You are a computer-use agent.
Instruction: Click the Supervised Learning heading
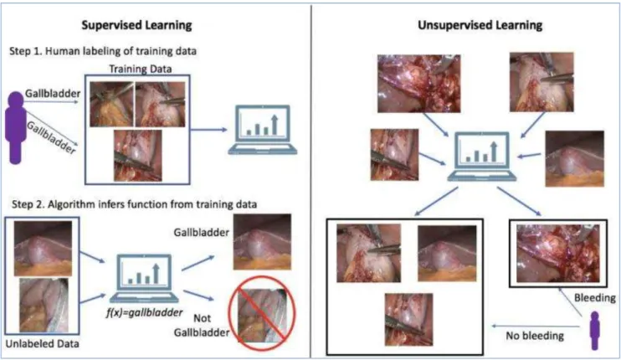tap(136, 25)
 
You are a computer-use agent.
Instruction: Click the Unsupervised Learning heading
tap(480, 25)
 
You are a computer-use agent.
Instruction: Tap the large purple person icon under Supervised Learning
tap(16, 127)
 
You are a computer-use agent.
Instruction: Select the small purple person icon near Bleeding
tap(594, 331)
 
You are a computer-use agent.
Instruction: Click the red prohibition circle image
tap(262, 314)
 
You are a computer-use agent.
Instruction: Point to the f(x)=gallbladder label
tap(144, 312)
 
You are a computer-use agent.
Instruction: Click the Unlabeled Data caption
tap(42, 344)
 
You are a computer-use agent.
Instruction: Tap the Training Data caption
tap(141, 69)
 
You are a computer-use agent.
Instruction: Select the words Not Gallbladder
tap(202, 325)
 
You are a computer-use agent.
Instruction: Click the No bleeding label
tap(535, 336)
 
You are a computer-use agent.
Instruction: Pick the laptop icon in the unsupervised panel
tap(482, 157)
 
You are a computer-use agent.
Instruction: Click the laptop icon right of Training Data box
tap(263, 130)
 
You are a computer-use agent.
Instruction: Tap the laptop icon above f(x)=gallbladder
tap(144, 279)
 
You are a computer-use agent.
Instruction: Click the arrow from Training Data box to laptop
tap(208, 130)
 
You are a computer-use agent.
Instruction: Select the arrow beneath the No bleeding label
tap(536, 327)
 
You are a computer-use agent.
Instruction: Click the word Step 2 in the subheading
tap(28, 204)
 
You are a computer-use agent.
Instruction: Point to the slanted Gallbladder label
tap(51, 137)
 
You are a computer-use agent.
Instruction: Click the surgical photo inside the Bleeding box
tap(557, 253)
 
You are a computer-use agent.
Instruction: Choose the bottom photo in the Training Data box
tap(138, 156)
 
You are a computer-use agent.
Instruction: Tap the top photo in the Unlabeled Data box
tap(44, 249)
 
